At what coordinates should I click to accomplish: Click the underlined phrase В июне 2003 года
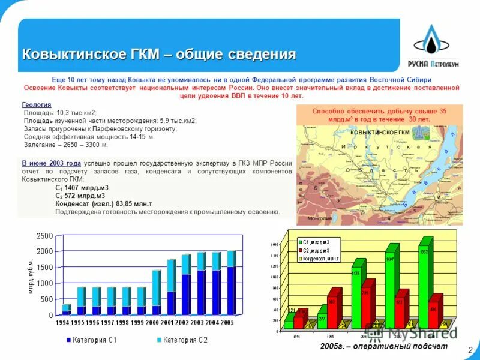(51, 163)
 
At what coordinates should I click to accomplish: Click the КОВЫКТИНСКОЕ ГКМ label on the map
(379, 131)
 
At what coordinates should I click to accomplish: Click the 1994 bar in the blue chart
(67, 309)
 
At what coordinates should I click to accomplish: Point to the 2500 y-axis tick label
(44, 236)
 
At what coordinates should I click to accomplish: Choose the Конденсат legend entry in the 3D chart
(321, 258)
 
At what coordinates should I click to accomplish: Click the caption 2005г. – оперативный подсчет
(383, 347)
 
